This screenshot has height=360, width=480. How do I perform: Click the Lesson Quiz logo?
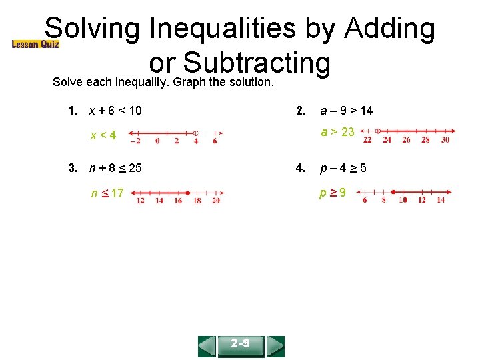[35, 44]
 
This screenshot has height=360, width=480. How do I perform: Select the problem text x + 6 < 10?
[115, 111]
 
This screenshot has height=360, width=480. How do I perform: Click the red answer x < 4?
[103, 135]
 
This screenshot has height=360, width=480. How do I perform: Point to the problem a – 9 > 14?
[347, 111]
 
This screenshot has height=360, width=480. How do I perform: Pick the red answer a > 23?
[337, 132]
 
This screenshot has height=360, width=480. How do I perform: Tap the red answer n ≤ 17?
[107, 193]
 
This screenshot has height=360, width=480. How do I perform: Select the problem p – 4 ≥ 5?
[342, 167]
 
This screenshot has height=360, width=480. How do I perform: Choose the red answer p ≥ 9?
[332, 193]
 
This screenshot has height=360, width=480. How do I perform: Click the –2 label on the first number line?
[135, 141]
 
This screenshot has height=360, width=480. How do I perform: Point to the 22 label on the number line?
[368, 140]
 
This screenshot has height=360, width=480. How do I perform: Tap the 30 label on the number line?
[445, 140]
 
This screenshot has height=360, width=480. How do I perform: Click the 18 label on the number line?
[197, 201]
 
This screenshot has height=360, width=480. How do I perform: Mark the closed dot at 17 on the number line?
[189, 192]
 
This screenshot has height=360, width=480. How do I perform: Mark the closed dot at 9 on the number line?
[394, 192]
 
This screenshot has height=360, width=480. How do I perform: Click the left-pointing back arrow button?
[207, 345]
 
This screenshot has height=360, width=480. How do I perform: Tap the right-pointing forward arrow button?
[275, 345]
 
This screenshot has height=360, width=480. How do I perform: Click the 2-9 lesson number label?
[241, 345]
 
